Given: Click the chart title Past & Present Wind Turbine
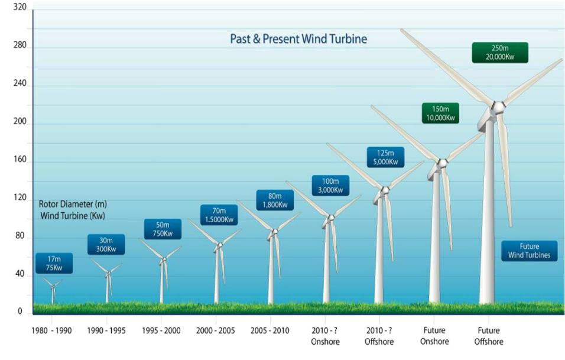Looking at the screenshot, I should click(298, 40).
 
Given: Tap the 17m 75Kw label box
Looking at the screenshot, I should click(54, 263).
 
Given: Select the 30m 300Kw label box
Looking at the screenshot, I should click(106, 245).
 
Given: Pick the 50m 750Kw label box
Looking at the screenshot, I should click(163, 229).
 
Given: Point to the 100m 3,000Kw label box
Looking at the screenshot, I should click(330, 186).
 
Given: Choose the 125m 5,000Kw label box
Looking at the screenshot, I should click(385, 157).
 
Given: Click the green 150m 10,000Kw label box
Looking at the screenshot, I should click(440, 113).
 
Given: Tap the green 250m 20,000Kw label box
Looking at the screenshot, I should click(499, 53).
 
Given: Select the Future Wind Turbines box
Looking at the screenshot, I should click(529, 251).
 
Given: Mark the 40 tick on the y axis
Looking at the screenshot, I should click(19, 274).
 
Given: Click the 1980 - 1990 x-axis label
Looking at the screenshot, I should click(51, 330).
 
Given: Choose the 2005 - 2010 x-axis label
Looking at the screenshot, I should click(270, 330).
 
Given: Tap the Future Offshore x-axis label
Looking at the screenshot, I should click(489, 336).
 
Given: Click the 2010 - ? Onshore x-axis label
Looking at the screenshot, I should click(326, 336).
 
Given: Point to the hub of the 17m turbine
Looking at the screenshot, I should click(53, 287).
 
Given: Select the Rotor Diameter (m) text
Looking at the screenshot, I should click(73, 204).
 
